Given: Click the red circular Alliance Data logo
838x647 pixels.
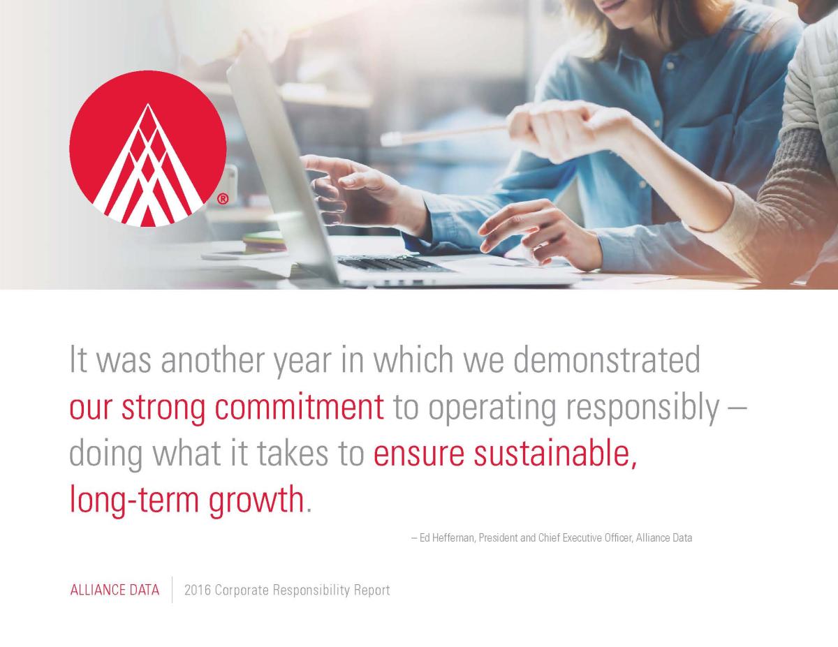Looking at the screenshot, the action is click(148, 149).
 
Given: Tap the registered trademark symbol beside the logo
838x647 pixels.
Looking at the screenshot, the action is click(223, 199).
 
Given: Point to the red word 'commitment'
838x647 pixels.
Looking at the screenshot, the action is click(299, 408).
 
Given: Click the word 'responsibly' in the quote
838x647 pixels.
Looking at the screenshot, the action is click(642, 410).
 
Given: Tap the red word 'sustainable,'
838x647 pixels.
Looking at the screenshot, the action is click(554, 454).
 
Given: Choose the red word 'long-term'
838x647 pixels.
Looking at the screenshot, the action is click(134, 501).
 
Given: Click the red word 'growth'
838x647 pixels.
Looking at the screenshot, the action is click(256, 501).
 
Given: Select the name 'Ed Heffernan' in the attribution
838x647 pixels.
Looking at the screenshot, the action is click(446, 537).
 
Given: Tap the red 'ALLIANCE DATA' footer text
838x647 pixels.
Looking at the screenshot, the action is click(115, 590).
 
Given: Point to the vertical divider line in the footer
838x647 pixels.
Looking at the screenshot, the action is click(172, 590).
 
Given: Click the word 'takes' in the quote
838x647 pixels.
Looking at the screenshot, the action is click(292, 454).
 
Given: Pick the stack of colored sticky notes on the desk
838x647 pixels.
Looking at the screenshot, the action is click(265, 241).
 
